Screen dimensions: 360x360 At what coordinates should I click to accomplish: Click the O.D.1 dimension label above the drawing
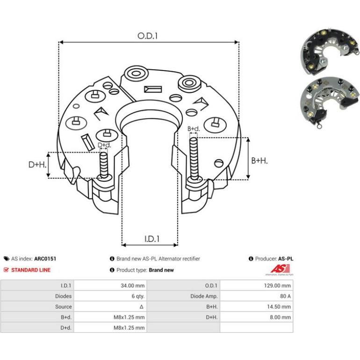pos(147,36)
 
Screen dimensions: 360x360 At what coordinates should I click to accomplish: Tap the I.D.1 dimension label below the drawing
pos(152,239)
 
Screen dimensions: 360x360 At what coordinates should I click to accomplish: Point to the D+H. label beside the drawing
pos(37,165)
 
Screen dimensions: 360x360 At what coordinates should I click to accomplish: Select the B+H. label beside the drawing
pos(259,160)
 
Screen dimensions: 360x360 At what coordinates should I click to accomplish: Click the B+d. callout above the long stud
pos(194,129)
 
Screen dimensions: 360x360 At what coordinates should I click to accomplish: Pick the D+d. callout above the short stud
pos(104,145)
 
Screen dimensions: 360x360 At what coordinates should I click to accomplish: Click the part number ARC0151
pos(45,259)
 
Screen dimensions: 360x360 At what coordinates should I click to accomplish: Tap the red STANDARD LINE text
pos(31,270)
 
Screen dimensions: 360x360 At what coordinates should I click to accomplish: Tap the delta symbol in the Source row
pos(141,307)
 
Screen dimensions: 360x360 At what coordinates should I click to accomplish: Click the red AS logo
pos(280,269)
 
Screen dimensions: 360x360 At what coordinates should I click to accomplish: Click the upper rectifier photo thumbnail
pos(330,51)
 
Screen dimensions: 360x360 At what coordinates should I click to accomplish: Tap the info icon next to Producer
pos(251,259)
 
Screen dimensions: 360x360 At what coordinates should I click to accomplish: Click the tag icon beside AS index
pos(7,259)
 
